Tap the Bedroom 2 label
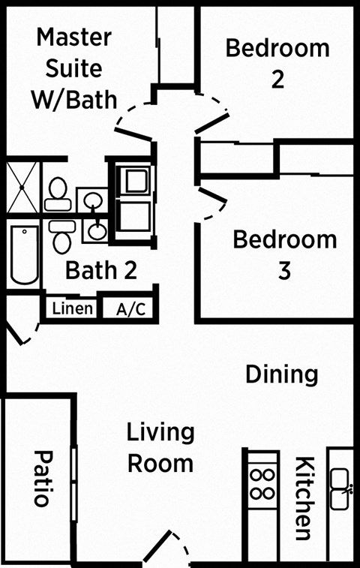(x=277, y=63)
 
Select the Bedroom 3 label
(x=284, y=255)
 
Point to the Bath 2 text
(x=100, y=270)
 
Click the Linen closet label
(x=73, y=308)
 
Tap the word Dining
(x=282, y=374)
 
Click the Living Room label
(x=160, y=448)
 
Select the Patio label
(x=43, y=478)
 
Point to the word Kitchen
(x=304, y=498)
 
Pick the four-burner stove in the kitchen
(x=262, y=485)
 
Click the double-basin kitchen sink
(x=340, y=488)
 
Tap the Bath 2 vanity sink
(x=96, y=230)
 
